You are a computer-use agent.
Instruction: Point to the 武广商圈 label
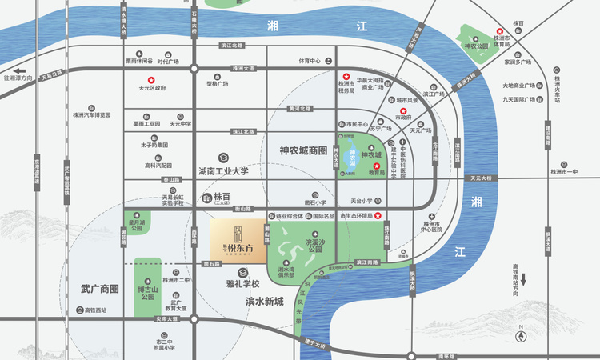tap(100, 288)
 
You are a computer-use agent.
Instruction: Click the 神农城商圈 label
tap(304, 150)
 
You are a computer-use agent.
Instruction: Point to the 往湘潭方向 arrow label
tap(19, 78)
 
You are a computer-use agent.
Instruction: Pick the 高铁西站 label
tap(100, 310)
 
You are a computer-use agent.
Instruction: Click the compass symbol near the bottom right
tap(521, 327)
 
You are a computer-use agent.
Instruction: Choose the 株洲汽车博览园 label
tap(97, 115)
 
